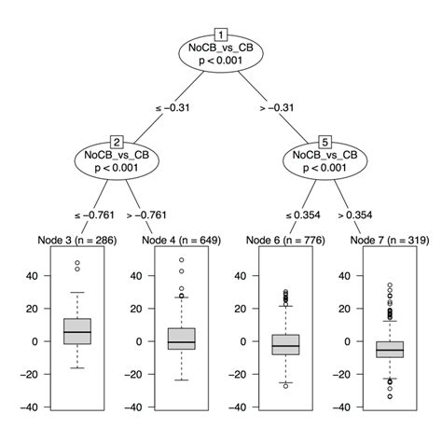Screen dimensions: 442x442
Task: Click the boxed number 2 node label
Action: tap(117, 142)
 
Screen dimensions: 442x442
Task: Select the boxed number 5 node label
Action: tap(325, 142)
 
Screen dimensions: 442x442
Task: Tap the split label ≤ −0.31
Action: tap(173, 109)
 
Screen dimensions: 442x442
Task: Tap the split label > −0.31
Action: tap(278, 109)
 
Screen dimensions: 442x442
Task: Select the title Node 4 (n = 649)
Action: tap(182, 241)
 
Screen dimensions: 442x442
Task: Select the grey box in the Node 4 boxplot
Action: tap(182, 338)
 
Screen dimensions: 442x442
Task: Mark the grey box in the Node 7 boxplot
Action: tap(390, 348)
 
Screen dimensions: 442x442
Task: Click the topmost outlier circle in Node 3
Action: tap(78, 263)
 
